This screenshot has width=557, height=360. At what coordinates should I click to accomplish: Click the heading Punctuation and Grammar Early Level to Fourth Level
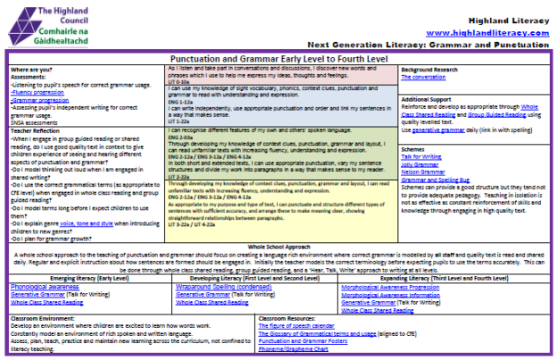278,58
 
